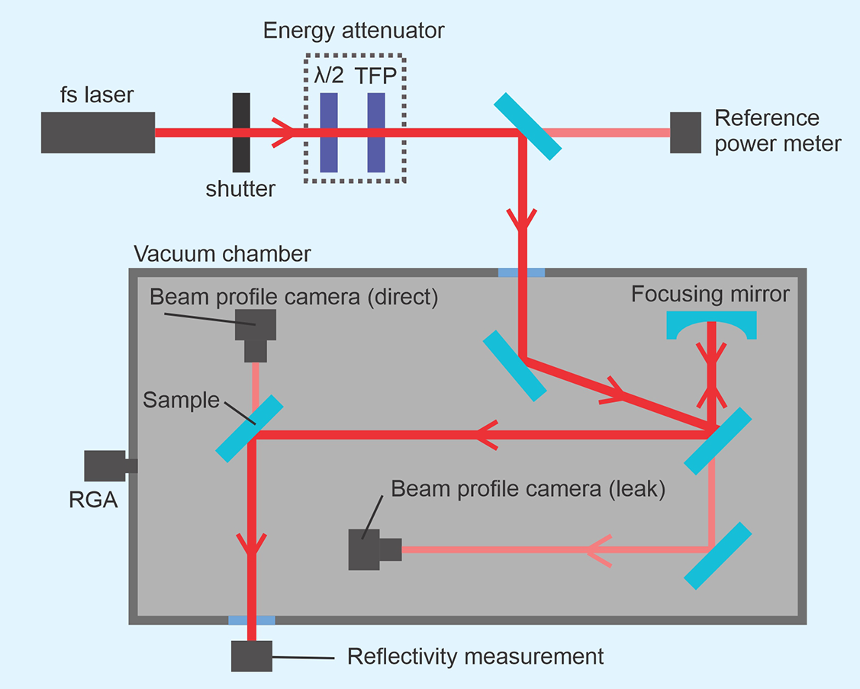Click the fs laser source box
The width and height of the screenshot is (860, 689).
coord(98,132)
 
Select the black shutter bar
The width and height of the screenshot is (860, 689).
coord(241,132)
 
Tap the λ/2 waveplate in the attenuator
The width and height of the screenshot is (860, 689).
coord(330,132)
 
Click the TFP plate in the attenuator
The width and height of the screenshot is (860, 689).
coord(376,132)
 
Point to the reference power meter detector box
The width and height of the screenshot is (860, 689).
coord(686,132)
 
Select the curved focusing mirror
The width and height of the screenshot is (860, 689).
coord(711,327)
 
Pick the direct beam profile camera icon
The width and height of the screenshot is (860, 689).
coord(256,334)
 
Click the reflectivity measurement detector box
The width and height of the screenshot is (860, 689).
coord(251,655)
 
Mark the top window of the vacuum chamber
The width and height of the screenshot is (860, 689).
coord(521,272)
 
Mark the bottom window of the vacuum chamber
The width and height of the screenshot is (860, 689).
coord(252,620)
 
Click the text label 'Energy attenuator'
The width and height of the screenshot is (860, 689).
coord(353,31)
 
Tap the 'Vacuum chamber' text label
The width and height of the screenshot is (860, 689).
coord(222,253)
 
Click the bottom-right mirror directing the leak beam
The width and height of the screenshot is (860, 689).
coord(717,555)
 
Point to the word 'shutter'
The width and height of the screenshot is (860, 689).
coord(240,189)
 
